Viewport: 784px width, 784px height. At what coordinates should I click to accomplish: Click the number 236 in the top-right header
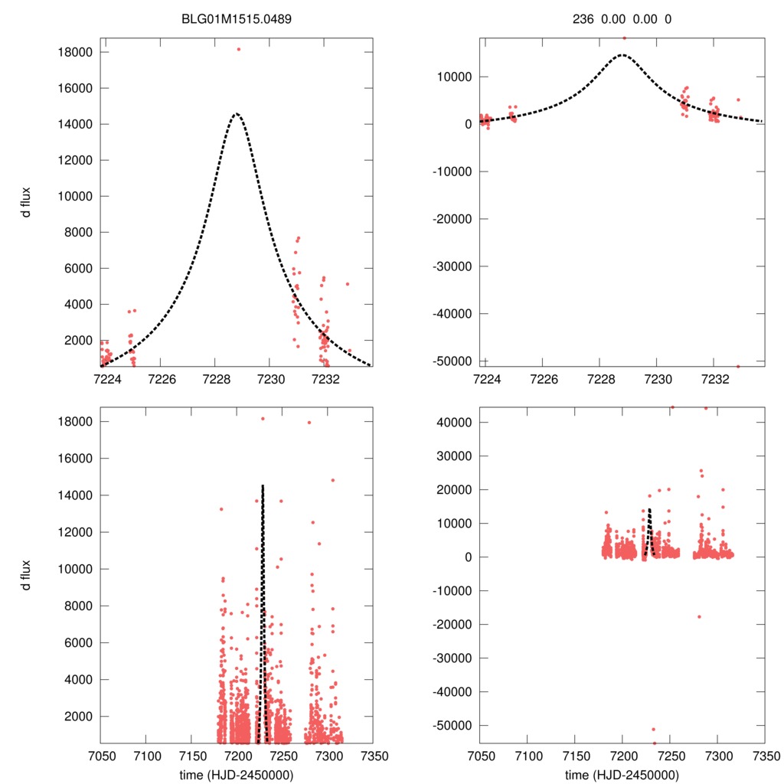[x=583, y=18]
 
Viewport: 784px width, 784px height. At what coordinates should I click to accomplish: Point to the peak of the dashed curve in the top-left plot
[x=236, y=113]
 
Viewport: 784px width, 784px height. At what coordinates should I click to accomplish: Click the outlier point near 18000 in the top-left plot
[x=238, y=49]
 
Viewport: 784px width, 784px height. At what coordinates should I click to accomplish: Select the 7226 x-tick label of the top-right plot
[x=543, y=379]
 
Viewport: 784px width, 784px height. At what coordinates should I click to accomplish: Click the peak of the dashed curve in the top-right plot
[x=622, y=54]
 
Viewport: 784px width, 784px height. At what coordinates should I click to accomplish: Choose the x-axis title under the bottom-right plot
[x=622, y=774]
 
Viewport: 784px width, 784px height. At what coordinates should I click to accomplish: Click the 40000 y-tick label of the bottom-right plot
[x=454, y=422]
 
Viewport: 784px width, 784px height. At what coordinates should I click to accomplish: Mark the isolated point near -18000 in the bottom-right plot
[x=698, y=616]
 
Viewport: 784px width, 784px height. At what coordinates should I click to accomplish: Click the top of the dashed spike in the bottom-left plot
[x=263, y=485]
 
